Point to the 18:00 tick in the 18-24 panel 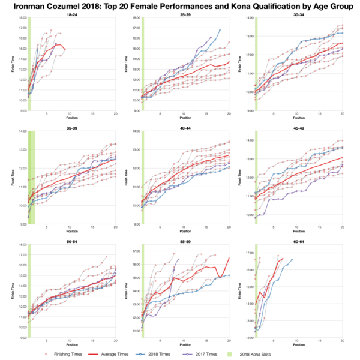tap(21, 18)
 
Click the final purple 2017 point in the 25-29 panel tap(211, 37)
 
